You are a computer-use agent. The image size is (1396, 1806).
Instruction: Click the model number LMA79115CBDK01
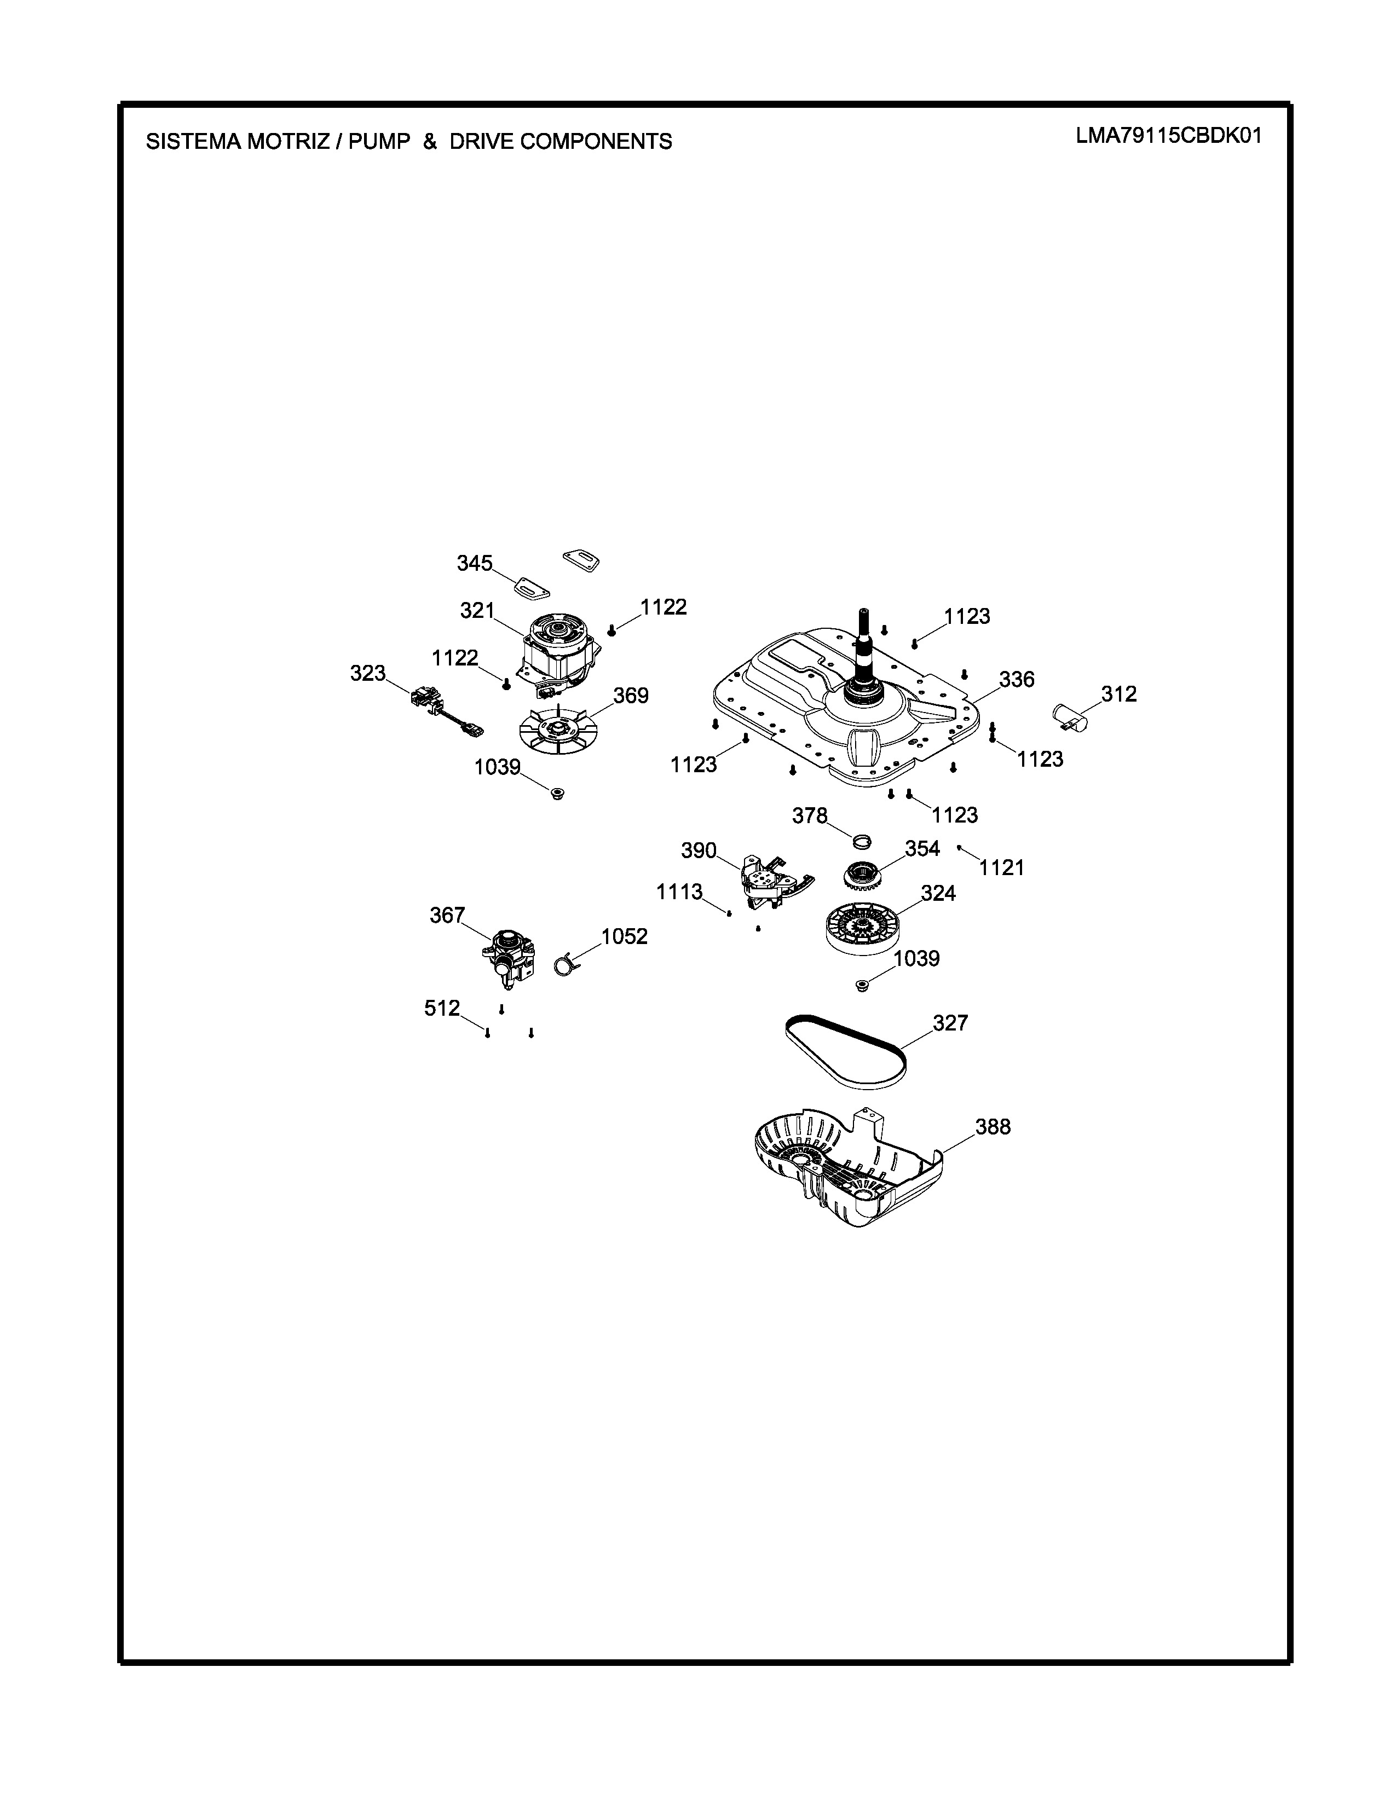(1169, 136)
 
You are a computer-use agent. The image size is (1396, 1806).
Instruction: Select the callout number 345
(475, 563)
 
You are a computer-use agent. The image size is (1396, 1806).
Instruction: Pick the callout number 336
(1017, 679)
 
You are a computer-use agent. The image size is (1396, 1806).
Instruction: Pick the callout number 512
(442, 1008)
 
